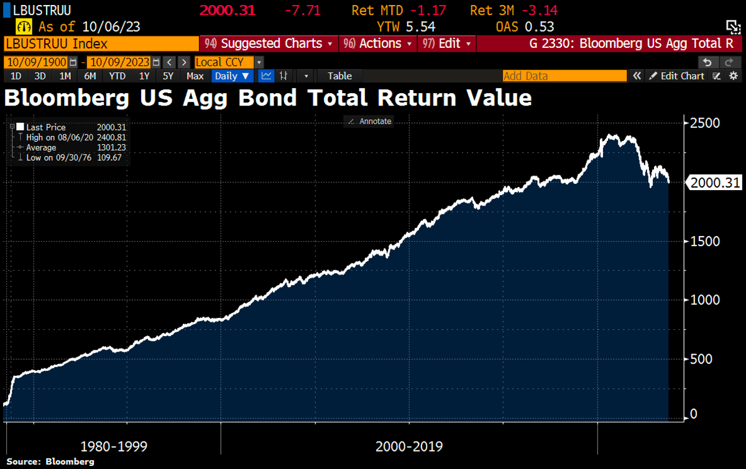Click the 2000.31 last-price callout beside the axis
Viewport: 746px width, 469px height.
714,183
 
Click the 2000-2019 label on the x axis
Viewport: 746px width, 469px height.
409,446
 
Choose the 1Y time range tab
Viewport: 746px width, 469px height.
144,76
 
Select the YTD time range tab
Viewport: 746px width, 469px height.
117,76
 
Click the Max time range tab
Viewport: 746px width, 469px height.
195,76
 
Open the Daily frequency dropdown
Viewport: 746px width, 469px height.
233,76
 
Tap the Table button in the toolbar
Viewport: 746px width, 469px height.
339,76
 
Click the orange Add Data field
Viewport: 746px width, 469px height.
564,76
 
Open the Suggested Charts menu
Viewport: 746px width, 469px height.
270,43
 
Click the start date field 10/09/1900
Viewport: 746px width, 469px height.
36,62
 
